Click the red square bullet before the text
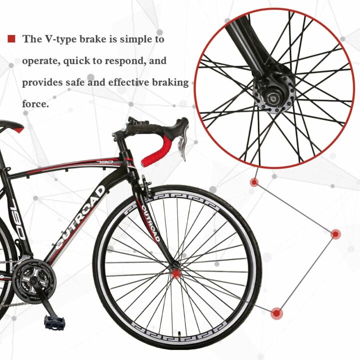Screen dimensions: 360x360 click(x=11, y=38)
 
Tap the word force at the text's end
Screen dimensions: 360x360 click(x=35, y=104)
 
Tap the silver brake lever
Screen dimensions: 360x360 click(x=182, y=148)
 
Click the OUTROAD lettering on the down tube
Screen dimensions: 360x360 click(x=80, y=220)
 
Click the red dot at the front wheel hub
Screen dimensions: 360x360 click(x=175, y=272)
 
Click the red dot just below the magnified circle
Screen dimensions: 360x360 click(x=254, y=182)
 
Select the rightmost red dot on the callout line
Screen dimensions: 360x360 click(x=335, y=233)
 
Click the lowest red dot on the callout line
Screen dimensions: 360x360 click(x=276, y=313)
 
